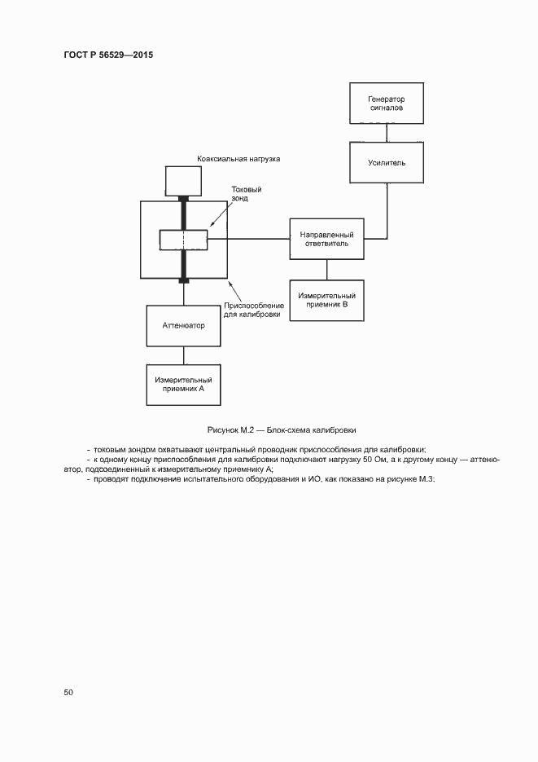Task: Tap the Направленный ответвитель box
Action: (x=327, y=238)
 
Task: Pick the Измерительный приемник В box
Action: (x=327, y=299)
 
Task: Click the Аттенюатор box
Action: (x=183, y=325)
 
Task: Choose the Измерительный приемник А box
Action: (x=183, y=385)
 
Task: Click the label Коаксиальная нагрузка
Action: (x=238, y=159)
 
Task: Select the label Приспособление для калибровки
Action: (x=254, y=310)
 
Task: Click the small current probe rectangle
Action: (x=183, y=240)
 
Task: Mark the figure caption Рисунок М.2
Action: (x=282, y=429)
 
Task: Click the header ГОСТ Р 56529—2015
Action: (x=108, y=55)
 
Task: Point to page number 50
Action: (x=68, y=692)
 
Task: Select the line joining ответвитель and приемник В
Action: (x=327, y=269)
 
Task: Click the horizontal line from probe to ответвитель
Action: (x=249, y=239)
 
